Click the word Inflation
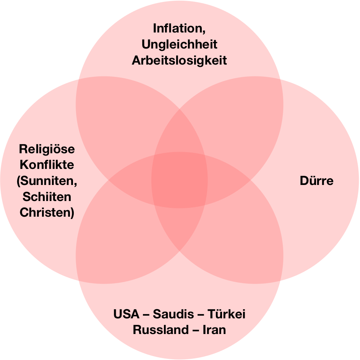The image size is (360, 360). pyautogui.click(x=177, y=29)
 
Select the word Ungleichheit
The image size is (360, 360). pyautogui.click(x=179, y=45)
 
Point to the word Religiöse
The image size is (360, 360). pyautogui.click(x=47, y=149)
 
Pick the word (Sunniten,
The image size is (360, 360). pyautogui.click(x=47, y=181)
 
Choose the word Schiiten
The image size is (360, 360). pyautogui.click(x=47, y=197)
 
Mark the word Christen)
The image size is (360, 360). pyautogui.click(x=47, y=213)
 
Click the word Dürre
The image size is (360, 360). pyautogui.click(x=316, y=180)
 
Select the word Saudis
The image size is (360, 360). pyautogui.click(x=175, y=314)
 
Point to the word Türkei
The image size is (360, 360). pyautogui.click(x=226, y=314)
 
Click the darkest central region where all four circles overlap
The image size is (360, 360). pyautogui.click(x=180, y=180)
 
